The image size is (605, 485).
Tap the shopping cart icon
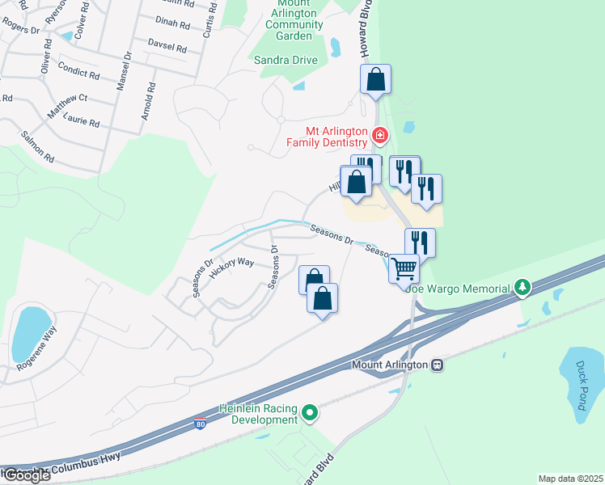[403, 267]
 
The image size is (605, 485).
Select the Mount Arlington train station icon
[437, 365]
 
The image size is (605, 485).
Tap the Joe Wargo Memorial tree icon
[523, 288]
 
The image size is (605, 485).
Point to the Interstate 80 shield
[200, 424]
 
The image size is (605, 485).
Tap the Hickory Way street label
[232, 268]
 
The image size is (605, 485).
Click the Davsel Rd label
[167, 45]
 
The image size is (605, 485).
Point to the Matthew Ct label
[66, 106]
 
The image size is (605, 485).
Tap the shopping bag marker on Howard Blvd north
[375, 79]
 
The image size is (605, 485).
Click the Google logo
[26, 474]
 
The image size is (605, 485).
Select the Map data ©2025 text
[570, 479]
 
